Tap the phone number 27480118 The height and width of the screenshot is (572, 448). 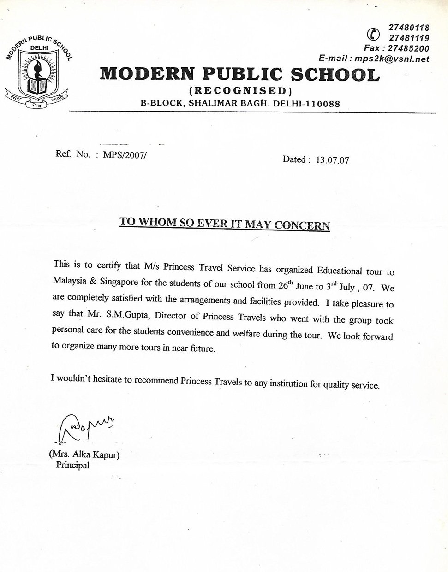[x=409, y=28]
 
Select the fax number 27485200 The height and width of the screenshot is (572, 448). [x=409, y=48]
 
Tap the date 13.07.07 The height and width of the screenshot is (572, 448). [x=332, y=160]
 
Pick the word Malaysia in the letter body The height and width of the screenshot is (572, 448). [x=70, y=281]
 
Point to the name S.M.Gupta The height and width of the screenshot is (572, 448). [x=128, y=315]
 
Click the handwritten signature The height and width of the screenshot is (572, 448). [x=83, y=426]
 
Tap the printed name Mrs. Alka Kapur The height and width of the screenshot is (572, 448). [x=84, y=455]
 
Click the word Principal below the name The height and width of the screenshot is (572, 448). [x=72, y=465]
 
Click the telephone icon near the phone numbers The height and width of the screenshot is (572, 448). [x=373, y=34]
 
